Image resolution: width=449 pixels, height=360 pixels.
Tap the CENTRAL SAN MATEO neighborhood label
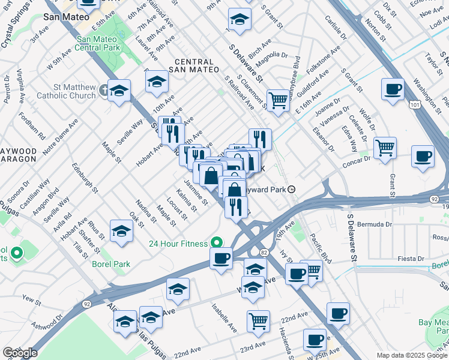194,67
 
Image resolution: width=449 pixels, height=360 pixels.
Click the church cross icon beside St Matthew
104,91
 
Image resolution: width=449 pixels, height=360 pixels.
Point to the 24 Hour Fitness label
178,244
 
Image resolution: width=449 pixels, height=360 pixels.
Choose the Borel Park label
111,263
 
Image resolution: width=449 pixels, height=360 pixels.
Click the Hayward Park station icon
292,189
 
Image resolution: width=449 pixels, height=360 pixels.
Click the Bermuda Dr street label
376,224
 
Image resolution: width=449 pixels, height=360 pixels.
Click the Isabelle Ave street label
223,316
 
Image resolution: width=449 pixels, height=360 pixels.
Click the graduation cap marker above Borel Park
122,231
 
